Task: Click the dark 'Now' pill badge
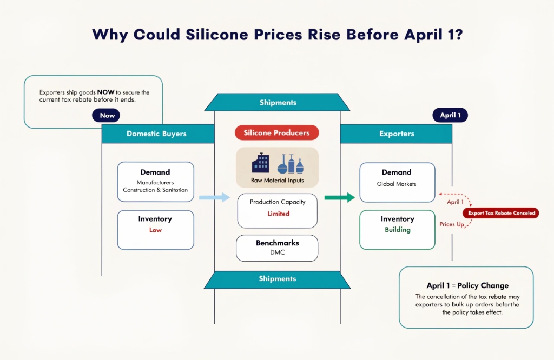(106, 116)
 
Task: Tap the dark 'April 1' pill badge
(450, 115)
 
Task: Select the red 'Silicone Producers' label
(276, 133)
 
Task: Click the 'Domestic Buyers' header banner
(158, 134)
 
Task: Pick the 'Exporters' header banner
(396, 134)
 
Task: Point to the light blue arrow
(214, 197)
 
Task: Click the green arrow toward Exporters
(340, 197)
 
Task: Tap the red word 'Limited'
(279, 214)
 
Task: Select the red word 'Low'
(155, 230)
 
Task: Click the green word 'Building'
(398, 230)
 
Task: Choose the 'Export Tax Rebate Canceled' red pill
(501, 213)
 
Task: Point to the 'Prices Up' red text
(452, 224)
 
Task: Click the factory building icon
(260, 163)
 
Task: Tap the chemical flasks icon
(291, 164)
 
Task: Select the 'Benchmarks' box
(277, 248)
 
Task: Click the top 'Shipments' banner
(278, 102)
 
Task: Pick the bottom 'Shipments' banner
(278, 279)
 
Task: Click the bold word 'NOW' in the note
(105, 92)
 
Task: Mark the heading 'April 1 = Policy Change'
(467, 285)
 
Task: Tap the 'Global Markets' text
(397, 184)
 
